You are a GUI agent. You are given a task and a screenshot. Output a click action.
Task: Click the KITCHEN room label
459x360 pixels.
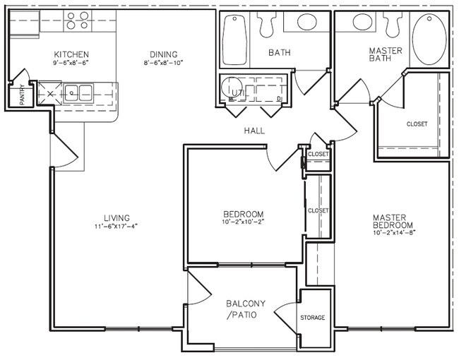71,54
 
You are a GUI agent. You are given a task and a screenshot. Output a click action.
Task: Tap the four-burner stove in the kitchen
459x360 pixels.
78,21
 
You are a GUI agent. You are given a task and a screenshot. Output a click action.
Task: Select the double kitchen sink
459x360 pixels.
78,90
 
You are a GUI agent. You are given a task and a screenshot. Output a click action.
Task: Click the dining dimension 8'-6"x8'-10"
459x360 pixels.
162,63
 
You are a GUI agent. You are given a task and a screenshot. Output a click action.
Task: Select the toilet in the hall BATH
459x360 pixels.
266,25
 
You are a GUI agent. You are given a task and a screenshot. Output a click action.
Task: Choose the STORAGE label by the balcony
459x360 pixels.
312,318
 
